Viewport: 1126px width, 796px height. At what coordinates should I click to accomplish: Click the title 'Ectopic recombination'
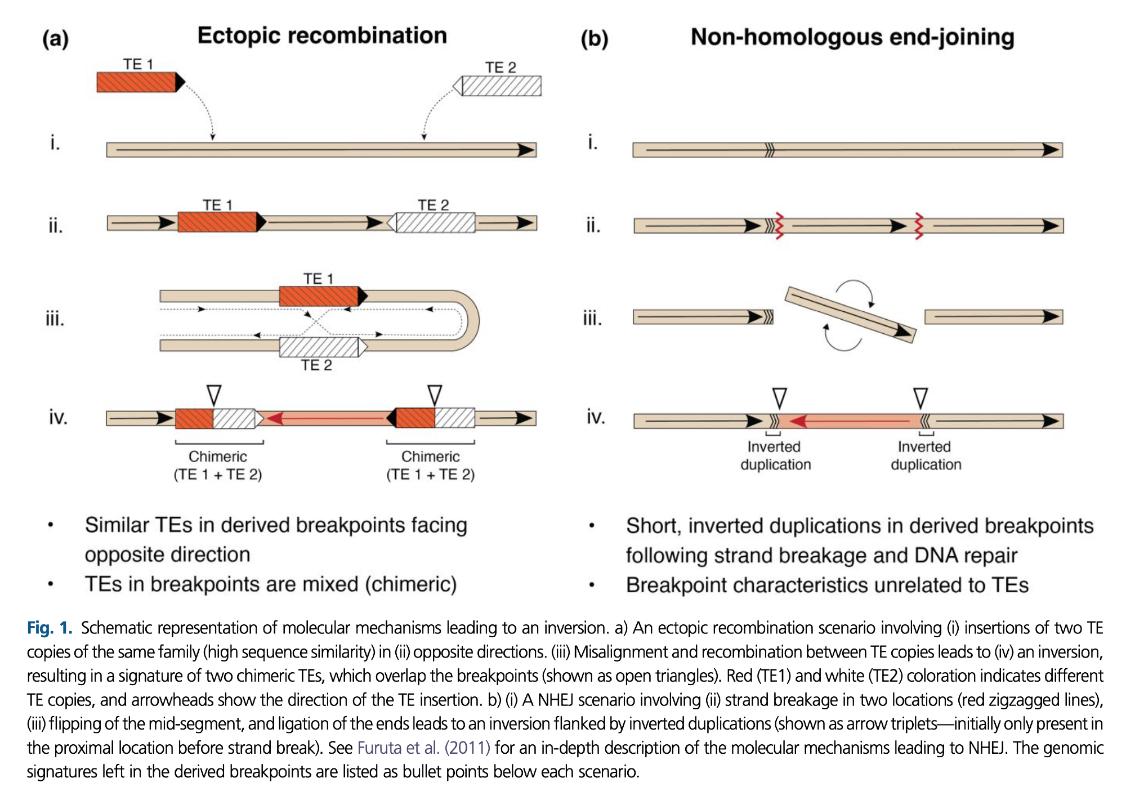[x=322, y=35]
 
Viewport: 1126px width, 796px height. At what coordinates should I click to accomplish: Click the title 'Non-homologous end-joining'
[x=852, y=37]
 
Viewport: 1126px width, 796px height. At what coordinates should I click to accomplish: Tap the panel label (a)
[x=55, y=39]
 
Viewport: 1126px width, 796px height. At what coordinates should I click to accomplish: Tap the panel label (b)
[x=595, y=39]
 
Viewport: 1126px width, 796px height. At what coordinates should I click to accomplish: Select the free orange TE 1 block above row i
[x=137, y=82]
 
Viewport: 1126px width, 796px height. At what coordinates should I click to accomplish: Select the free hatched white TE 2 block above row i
[x=501, y=86]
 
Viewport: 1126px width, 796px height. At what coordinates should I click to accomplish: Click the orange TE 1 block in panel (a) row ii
[x=218, y=222]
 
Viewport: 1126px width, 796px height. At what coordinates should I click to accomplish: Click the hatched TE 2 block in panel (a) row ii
[x=435, y=222]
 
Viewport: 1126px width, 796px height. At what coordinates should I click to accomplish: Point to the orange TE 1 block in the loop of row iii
[x=319, y=296]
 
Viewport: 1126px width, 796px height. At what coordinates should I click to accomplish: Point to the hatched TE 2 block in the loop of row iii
[x=319, y=347]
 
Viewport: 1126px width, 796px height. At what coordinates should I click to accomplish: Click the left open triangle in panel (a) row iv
[x=214, y=395]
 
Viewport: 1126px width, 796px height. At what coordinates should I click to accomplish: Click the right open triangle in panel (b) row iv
[x=921, y=398]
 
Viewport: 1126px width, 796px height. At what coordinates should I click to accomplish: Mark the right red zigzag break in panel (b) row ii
[x=919, y=226]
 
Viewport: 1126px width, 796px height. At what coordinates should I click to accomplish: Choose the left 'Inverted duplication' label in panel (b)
[x=775, y=455]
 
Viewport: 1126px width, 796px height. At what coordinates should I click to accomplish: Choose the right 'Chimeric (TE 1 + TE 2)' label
[x=430, y=466]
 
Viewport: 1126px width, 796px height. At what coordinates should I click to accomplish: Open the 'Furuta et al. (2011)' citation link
[x=423, y=748]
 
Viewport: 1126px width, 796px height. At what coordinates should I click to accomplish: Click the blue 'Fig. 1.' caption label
[x=50, y=628]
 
